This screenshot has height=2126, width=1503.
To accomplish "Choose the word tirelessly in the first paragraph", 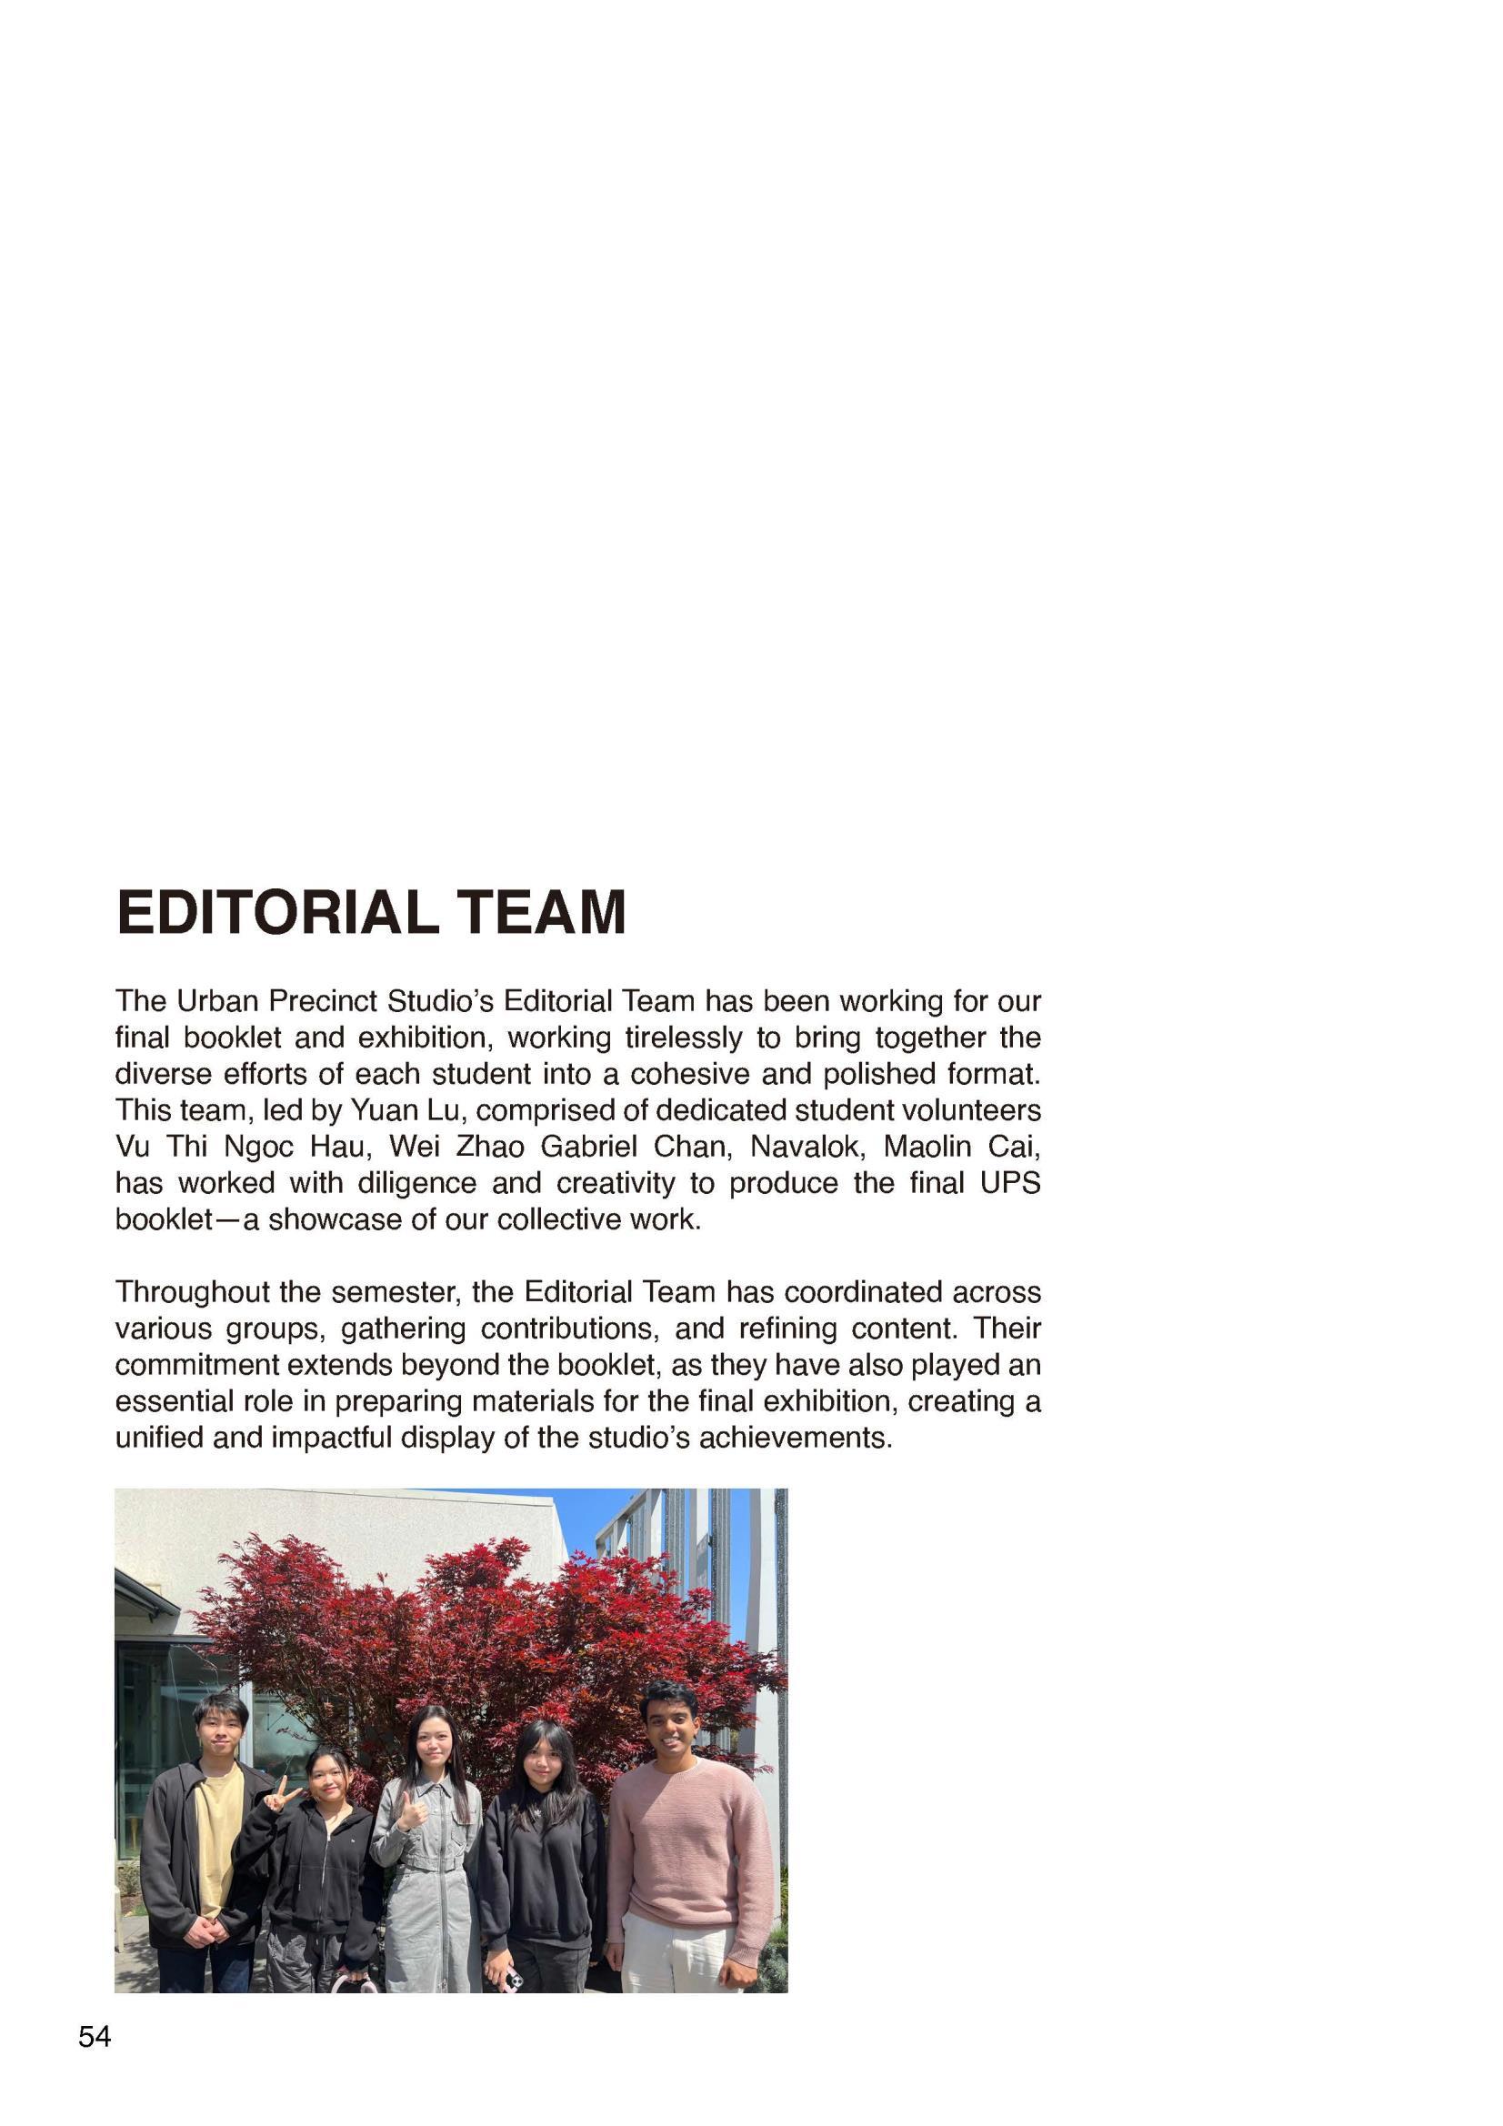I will [x=684, y=1037].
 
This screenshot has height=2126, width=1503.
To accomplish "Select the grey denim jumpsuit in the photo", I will [x=428, y=1889].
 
